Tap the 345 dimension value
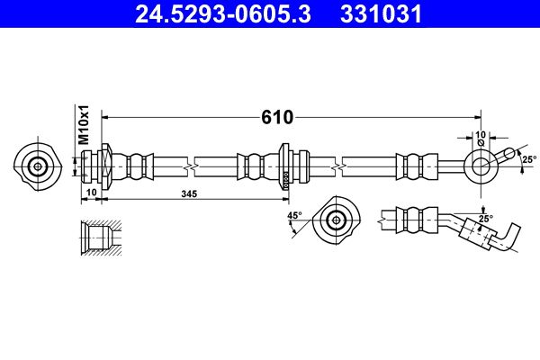(190, 193)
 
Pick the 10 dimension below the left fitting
(91, 193)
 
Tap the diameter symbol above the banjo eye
(481, 142)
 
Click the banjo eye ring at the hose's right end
(479, 166)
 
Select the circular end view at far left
(38, 166)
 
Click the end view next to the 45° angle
(337, 219)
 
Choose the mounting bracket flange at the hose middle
(285, 166)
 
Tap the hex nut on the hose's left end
(105, 166)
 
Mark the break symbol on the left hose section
(193, 166)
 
